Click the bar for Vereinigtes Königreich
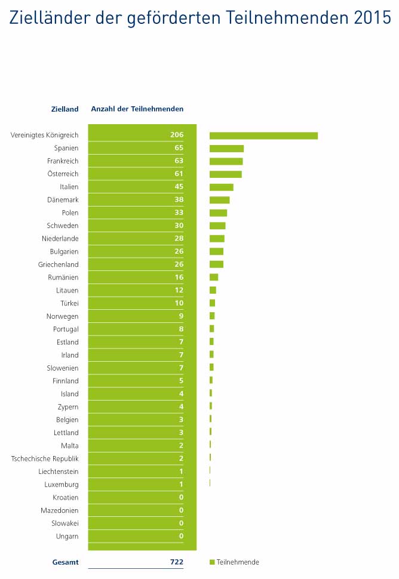[x=263, y=135]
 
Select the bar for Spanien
[x=226, y=148]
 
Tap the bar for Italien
[x=221, y=187]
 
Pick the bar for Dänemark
[x=219, y=200]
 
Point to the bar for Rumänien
[x=214, y=277]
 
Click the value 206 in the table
[x=176, y=135]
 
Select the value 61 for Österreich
[x=179, y=174]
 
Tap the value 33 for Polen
[x=179, y=212]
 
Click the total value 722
[x=176, y=562]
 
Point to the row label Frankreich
[x=63, y=161]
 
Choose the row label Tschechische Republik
[x=45, y=458]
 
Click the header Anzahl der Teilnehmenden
[x=137, y=109]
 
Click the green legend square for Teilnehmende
[x=212, y=562]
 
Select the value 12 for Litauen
[x=179, y=290]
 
